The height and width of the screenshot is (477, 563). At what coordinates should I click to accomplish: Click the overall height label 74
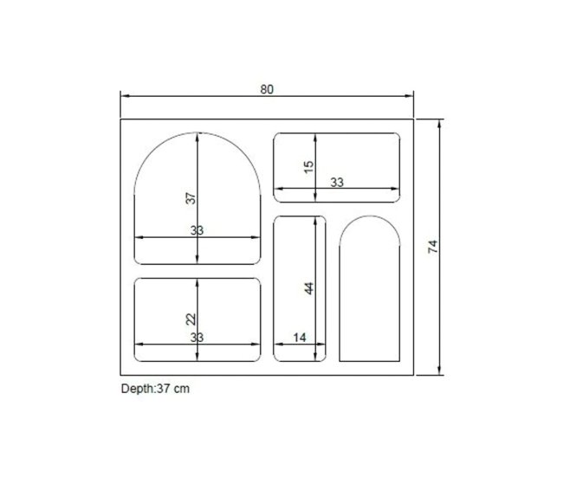point(432,247)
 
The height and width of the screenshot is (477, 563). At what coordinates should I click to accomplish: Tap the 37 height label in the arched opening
point(191,197)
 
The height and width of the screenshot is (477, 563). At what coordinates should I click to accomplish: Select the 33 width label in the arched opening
point(197,230)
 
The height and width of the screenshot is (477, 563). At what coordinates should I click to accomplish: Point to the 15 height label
point(308,166)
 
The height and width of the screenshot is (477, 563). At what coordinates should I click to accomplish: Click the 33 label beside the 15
point(337,183)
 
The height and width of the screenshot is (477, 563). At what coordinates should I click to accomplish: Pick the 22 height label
point(191,319)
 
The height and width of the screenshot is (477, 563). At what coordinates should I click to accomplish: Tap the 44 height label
point(308,288)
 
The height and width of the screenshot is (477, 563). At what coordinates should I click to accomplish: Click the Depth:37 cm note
point(155,389)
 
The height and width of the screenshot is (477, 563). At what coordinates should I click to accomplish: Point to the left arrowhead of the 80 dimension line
point(123,96)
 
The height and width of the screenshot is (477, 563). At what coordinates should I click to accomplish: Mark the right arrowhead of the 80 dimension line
point(411,96)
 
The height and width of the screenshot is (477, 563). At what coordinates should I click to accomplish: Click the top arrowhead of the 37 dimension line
point(198,135)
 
